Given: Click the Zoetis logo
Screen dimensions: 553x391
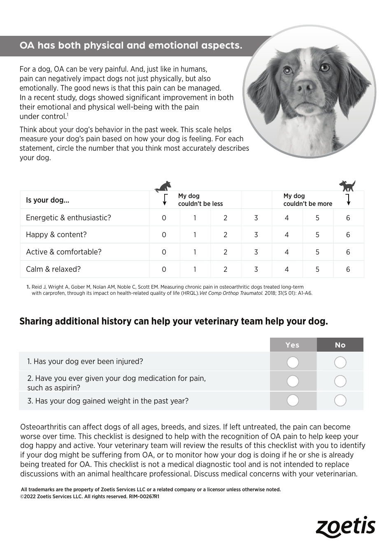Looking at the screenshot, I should click(345, 527).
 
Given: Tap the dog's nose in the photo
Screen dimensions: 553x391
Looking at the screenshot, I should click(305, 87).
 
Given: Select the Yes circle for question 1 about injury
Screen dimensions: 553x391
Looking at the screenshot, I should click(293, 362).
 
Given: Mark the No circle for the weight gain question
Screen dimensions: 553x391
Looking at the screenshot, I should click(340, 400).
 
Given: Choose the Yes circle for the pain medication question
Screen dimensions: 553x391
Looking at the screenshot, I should click(293, 381).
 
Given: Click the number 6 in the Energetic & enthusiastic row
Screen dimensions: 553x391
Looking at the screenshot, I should click(348, 218).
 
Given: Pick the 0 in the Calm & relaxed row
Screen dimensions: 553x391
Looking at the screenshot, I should click(164, 269).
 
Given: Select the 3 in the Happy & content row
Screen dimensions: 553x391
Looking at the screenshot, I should click(256, 235).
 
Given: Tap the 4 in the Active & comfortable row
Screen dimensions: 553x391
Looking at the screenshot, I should click(286, 252).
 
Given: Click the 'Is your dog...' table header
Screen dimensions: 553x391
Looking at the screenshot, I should click(48, 200).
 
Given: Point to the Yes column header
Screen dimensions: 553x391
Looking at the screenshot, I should click(293, 345).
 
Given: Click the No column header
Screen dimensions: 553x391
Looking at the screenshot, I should click(340, 345).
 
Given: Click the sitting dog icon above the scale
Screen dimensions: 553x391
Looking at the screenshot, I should click(163, 187).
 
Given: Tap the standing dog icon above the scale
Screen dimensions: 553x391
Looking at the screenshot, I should click(347, 186).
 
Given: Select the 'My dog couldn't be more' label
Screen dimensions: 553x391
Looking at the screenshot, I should click(307, 200).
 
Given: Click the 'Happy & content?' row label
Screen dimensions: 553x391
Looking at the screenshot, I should click(56, 235).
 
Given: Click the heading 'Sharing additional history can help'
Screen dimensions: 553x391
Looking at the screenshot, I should click(173, 321).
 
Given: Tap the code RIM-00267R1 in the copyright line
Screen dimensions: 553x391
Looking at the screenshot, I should click(144, 497).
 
